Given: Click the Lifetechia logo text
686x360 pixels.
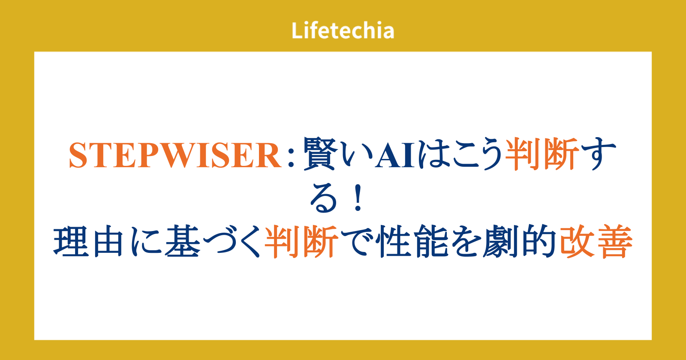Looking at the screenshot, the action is pyautogui.click(x=343, y=30).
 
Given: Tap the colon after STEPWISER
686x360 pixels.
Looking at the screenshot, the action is pyautogui.click(x=291, y=156).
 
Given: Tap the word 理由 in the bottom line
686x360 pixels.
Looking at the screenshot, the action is pyautogui.click(x=88, y=241).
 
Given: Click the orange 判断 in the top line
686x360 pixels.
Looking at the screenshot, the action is pyautogui.click(x=542, y=153).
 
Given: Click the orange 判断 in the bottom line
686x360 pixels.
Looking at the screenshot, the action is pyautogui.click(x=302, y=241).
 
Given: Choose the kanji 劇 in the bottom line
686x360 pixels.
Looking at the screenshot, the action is pyautogui.click(x=500, y=241).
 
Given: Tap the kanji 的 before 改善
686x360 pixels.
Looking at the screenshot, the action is pyautogui.click(x=539, y=241).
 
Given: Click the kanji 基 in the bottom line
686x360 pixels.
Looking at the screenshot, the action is pyautogui.click(x=183, y=241).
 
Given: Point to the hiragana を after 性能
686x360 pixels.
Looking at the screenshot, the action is pyautogui.click(x=466, y=242).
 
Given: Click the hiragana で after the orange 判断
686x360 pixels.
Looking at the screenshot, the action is pyautogui.click(x=358, y=242).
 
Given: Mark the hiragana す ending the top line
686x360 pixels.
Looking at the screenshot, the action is pyautogui.click(x=598, y=153).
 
